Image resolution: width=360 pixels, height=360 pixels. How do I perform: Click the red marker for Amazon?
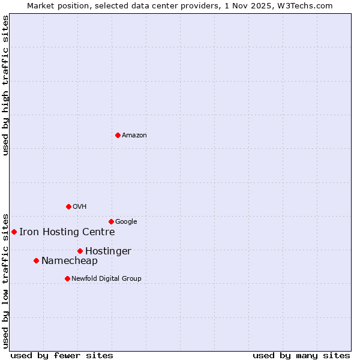coord(118,135)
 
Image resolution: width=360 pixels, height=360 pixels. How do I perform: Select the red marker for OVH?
coord(68,206)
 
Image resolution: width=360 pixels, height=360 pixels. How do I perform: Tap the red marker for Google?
coord(111,221)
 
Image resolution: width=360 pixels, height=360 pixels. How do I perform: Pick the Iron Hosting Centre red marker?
coord(14,232)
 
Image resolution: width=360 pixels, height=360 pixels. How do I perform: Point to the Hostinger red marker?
coord(80,251)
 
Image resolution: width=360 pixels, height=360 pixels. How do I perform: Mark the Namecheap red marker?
coord(36,260)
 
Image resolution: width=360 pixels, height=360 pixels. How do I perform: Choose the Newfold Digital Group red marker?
coord(67,278)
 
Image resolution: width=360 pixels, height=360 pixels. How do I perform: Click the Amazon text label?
coord(134,136)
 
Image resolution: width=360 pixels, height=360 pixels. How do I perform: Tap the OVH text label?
coord(80,207)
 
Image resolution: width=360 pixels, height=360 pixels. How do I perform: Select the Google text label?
coord(126,222)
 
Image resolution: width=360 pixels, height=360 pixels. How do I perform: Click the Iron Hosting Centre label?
coord(67,232)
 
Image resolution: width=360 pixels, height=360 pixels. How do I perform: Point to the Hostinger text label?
coord(108,251)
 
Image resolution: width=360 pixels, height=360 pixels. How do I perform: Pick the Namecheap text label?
coord(69,261)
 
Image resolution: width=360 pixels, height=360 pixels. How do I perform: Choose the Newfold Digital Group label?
coord(106,279)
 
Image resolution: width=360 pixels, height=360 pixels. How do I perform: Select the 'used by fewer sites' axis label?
coord(62,356)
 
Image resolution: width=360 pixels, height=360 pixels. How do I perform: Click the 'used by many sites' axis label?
coord(301,356)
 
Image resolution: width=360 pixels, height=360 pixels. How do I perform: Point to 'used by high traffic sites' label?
coord(6,85)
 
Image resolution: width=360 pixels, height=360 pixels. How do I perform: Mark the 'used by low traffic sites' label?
coord(6,280)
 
